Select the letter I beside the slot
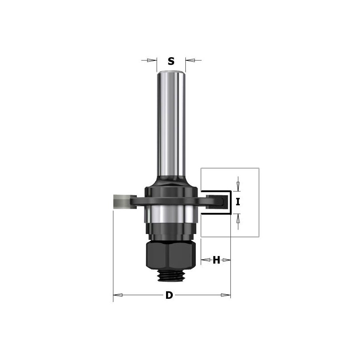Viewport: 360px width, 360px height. click(x=238, y=202)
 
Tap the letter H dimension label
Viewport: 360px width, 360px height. click(x=216, y=260)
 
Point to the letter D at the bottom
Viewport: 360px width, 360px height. click(x=169, y=296)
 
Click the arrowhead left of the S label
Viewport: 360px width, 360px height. click(x=153, y=60)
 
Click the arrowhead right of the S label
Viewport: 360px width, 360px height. click(x=189, y=60)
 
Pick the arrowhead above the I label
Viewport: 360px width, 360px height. click(x=238, y=185)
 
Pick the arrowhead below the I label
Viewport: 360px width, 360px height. click(x=238, y=219)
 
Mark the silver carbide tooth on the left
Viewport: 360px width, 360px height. click(x=120, y=201)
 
